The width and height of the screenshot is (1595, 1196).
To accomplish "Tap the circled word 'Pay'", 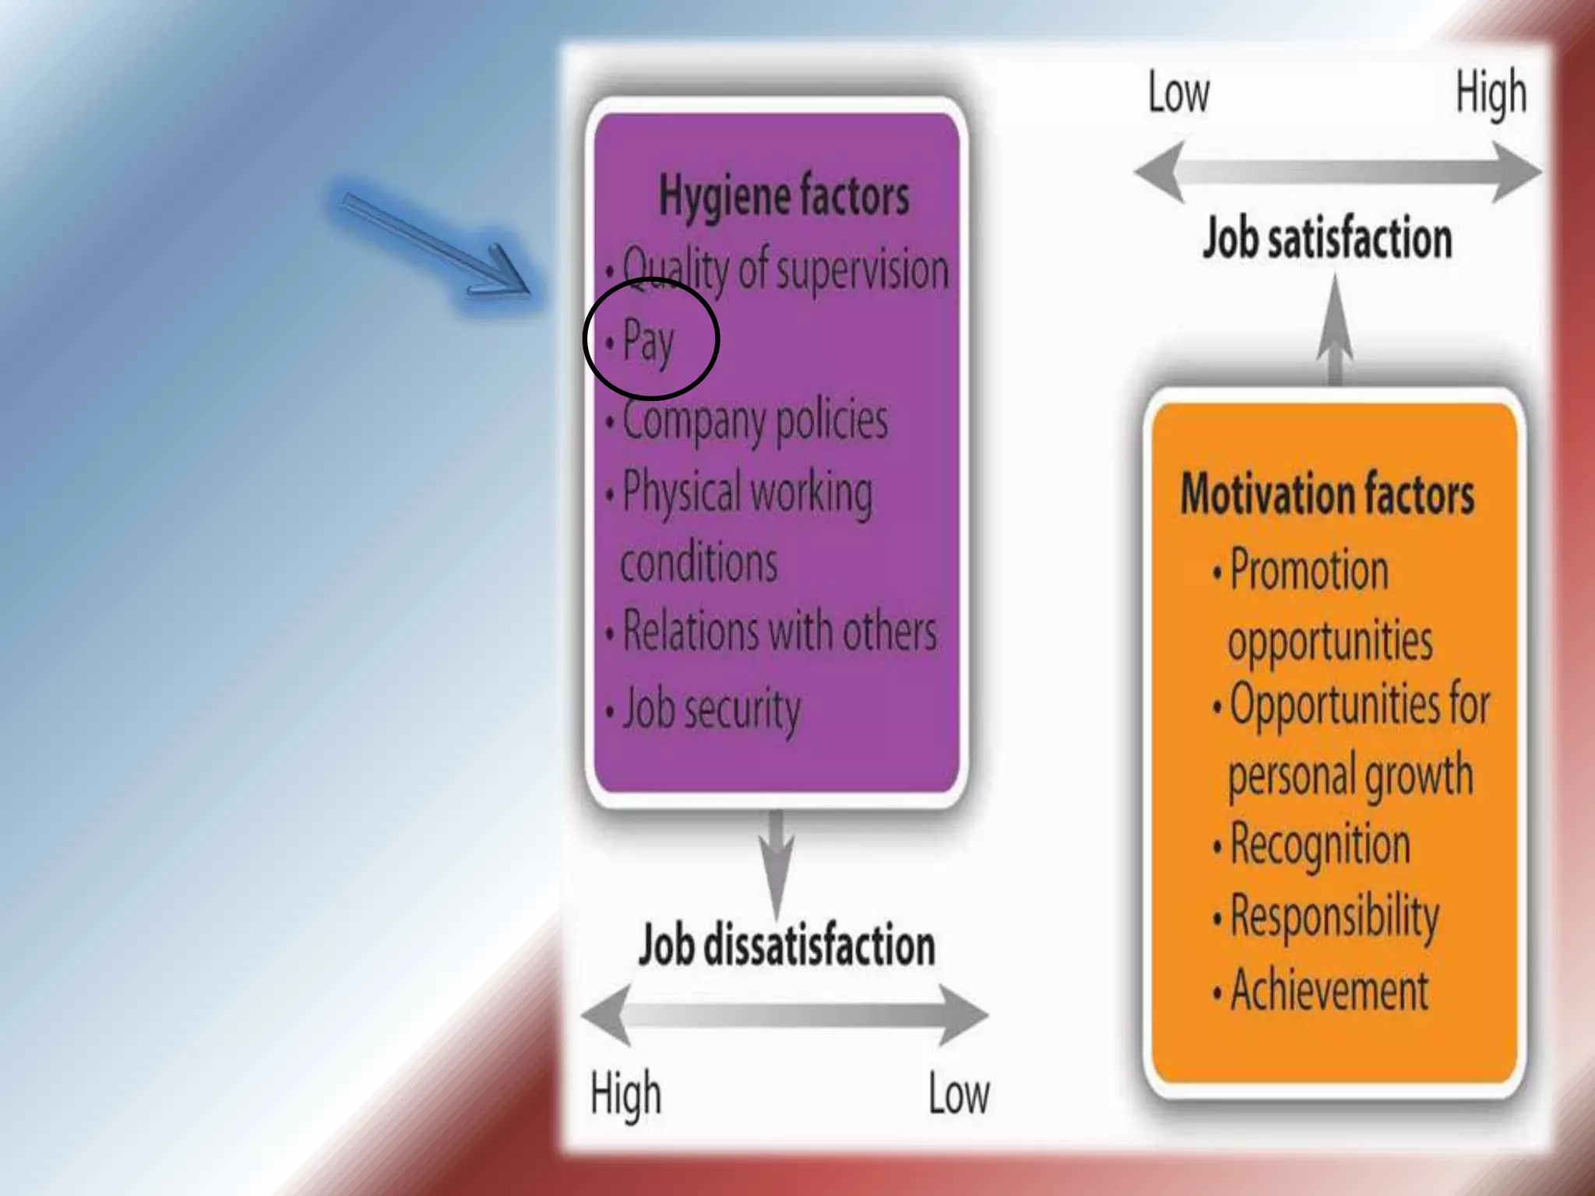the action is click(648, 340).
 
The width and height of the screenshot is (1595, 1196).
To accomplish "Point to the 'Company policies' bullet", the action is click(754, 421).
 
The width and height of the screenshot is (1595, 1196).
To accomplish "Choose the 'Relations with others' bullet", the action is click(779, 631).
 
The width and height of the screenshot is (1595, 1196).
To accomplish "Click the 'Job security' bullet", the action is click(710, 709).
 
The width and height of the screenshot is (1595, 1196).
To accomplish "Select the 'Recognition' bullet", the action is click(1319, 845).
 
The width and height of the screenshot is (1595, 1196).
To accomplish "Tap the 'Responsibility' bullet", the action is click(1333, 916).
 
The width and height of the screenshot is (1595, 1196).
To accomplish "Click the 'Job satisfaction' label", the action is click(1327, 237).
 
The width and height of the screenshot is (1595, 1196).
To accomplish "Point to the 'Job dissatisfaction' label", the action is click(787, 945).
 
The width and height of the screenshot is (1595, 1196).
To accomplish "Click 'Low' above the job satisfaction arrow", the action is click(1178, 93).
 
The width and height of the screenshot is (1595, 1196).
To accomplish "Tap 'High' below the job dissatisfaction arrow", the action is click(625, 1093).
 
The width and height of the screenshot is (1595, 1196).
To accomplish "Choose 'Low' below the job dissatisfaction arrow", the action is click(959, 1094).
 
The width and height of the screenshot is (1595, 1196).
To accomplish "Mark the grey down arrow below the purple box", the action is click(776, 860).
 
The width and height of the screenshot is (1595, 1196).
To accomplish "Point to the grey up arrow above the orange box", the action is click(1335, 331).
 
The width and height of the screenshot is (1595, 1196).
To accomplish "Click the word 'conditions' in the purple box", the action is click(699, 562).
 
